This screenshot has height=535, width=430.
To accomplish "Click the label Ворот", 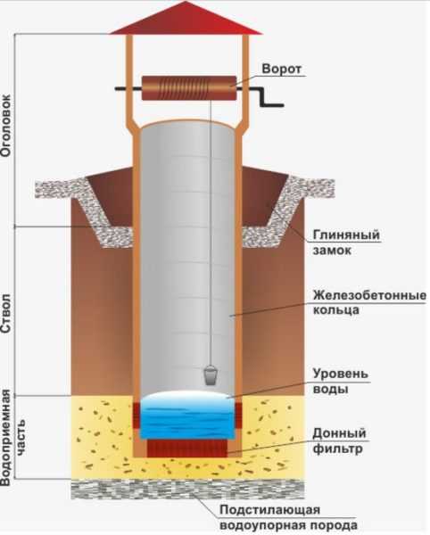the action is (x=282, y=69).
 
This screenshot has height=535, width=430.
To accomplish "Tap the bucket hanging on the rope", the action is (x=211, y=375).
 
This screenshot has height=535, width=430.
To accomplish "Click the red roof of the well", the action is (x=186, y=19).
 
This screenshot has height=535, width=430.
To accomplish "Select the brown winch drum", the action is (x=189, y=88).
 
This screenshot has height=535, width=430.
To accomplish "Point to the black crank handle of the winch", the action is (x=267, y=97).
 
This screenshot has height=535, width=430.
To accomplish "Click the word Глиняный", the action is (x=346, y=235).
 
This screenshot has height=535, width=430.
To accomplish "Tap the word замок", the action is (x=332, y=251).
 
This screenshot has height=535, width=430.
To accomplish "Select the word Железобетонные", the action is (x=369, y=295).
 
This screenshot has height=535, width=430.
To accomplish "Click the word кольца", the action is (x=335, y=310).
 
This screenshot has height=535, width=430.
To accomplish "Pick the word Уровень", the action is (x=341, y=374).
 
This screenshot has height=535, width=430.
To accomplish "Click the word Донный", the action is (x=339, y=433).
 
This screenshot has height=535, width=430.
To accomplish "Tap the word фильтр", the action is (x=337, y=449).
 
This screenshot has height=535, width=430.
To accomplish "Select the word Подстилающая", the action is (x=269, y=510).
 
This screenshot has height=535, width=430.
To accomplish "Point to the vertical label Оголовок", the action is (x=6, y=125).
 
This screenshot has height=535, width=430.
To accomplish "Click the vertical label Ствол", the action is (x=6, y=314).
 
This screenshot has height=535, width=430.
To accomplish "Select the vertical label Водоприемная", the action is (x=6, y=438).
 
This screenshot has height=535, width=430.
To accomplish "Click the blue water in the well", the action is (x=187, y=416).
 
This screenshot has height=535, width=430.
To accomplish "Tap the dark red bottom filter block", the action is (x=187, y=449).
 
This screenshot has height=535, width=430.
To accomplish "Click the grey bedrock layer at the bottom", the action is (x=187, y=490).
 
